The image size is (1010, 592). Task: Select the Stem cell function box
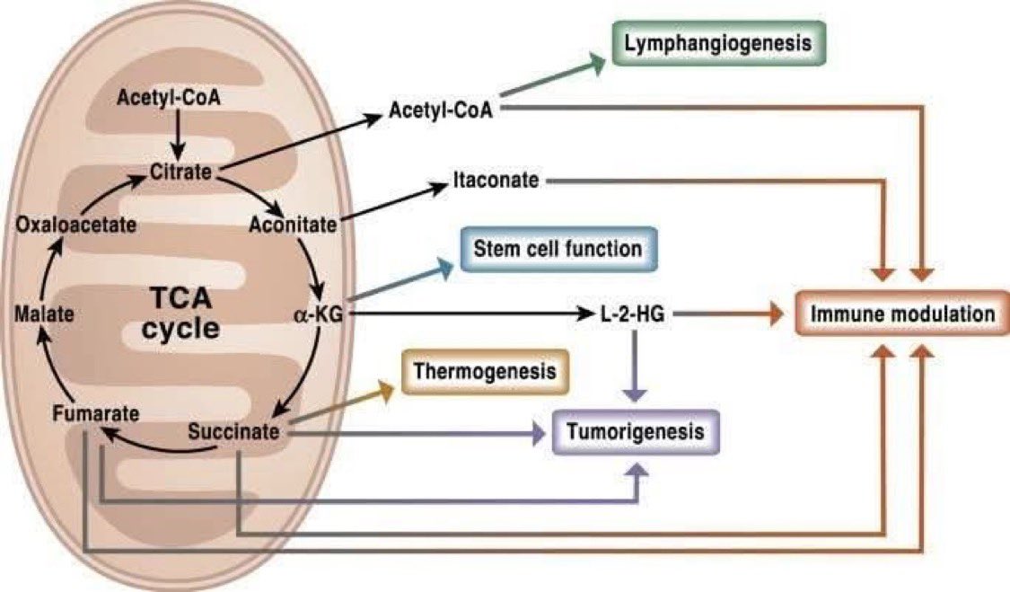pyautogui.click(x=559, y=249)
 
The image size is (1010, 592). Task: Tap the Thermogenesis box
pyautogui.click(x=485, y=370)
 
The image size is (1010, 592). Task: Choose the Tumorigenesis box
pyautogui.click(x=637, y=433)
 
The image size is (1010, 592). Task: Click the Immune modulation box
pyautogui.click(x=903, y=314)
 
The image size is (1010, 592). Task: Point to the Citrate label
pyautogui.click(x=185, y=170)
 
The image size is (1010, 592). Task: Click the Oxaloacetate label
pyautogui.click(x=76, y=225)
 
